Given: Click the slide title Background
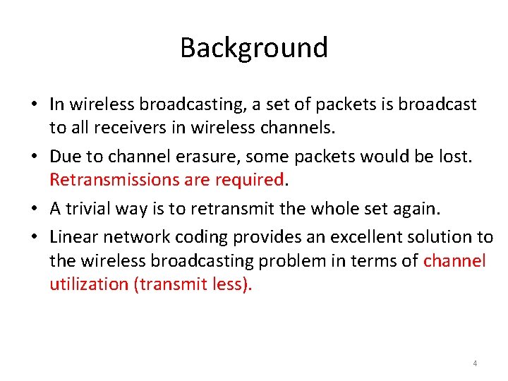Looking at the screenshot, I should point(254,48).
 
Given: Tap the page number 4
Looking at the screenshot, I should point(475,363).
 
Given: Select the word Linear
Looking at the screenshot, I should point(73,237).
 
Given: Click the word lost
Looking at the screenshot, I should point(454,157).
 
